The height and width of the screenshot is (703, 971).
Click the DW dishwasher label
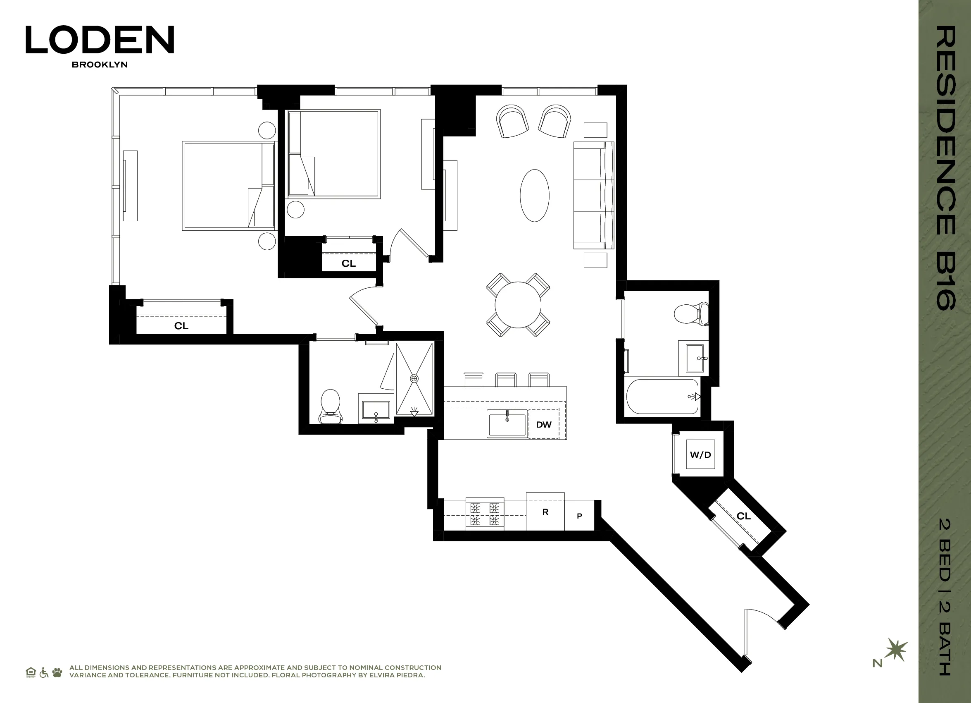tap(543, 425)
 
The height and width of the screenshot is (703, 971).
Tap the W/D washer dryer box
tap(700, 454)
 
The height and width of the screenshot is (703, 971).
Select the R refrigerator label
tap(545, 512)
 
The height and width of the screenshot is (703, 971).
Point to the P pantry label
tap(579, 516)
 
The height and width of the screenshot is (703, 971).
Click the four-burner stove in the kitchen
tap(485, 514)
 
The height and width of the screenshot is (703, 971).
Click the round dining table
tap(518, 305)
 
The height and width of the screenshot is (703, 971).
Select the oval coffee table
tap(534, 195)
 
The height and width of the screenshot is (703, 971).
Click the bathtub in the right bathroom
tap(662, 396)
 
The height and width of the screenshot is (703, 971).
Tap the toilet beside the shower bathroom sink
tap(330, 406)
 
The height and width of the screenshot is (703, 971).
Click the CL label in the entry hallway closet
tap(744, 516)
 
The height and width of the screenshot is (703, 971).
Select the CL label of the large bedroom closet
tap(181, 325)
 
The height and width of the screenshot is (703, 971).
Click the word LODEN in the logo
tap(100, 40)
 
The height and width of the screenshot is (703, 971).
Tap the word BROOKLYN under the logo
tap(100, 65)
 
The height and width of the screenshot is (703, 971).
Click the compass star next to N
tap(896, 650)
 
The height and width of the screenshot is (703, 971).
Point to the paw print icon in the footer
tap(57, 672)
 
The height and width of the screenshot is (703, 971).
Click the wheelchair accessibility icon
tap(44, 672)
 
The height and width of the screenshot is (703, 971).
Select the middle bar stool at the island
tap(506, 380)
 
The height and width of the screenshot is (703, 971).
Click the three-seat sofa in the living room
tap(593, 195)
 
